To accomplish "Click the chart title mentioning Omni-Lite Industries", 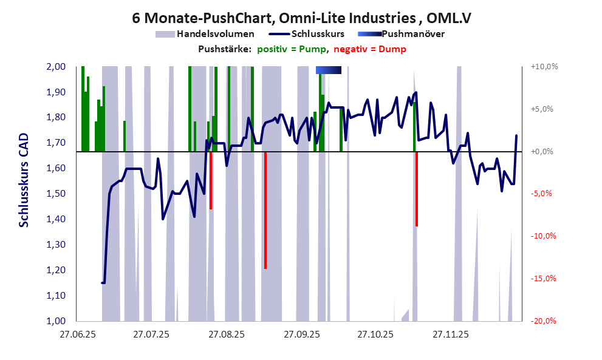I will click(x=302, y=18).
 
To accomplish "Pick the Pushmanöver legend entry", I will click(x=412, y=34).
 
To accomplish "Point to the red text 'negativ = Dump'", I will click(x=369, y=49).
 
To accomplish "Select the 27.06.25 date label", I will click(x=77, y=334).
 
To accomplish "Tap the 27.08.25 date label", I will click(x=226, y=334).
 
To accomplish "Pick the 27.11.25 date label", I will click(x=450, y=334).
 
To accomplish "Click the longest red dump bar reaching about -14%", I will click(x=265, y=209).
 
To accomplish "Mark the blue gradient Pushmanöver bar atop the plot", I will click(x=329, y=70).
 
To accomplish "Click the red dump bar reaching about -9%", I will click(x=417, y=189).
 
